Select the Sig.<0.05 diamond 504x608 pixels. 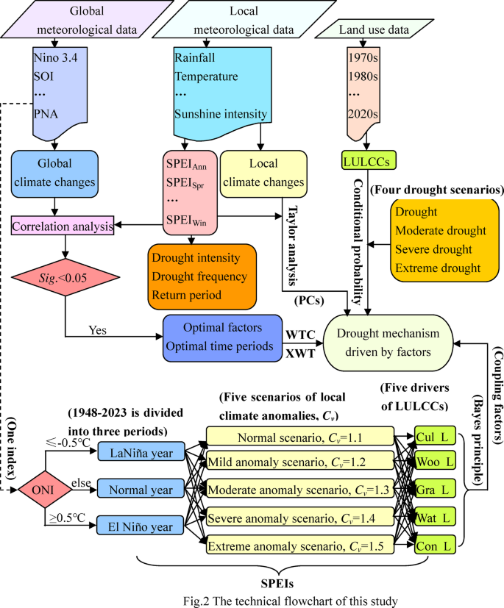pos(65,278)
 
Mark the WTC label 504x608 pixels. pos(301,335)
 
